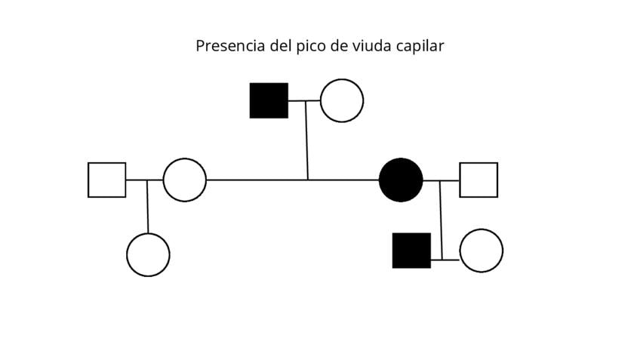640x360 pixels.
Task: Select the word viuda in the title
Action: (x=371, y=46)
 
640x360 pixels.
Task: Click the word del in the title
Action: (x=283, y=46)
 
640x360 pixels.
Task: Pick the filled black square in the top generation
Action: (x=269, y=100)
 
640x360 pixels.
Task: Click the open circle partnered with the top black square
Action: (x=342, y=100)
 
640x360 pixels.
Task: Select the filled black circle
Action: (x=401, y=180)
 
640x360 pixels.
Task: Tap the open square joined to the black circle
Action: (x=478, y=180)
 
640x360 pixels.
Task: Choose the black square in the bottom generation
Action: (x=411, y=251)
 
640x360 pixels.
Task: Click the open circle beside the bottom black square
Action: (x=481, y=251)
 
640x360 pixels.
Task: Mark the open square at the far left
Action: (x=106, y=180)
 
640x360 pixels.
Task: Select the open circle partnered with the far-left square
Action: (x=185, y=180)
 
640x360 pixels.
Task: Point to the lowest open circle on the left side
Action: (x=148, y=255)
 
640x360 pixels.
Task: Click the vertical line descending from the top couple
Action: (x=306, y=140)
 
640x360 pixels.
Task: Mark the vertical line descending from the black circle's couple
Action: (x=441, y=219)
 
